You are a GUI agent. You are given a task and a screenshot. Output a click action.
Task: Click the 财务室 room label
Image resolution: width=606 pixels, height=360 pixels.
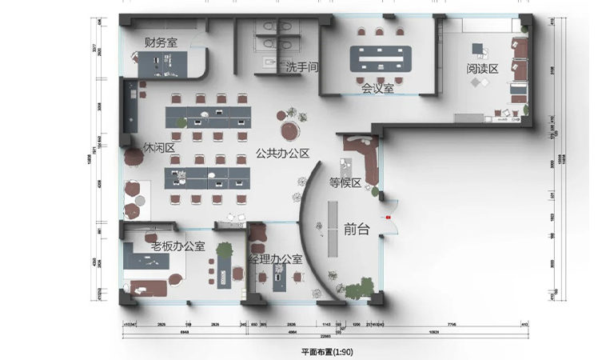pyautogui.click(x=161, y=42)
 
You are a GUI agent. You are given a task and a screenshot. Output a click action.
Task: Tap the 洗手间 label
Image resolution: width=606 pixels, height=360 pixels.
pyautogui.click(x=303, y=68)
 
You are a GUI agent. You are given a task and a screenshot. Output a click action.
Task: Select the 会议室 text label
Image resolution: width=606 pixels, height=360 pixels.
pyautogui.click(x=377, y=88)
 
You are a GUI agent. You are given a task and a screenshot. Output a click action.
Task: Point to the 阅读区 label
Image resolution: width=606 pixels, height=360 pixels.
pyautogui.click(x=482, y=70)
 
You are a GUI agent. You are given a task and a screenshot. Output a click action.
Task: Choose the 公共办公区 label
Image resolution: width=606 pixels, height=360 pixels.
pyautogui.click(x=282, y=153)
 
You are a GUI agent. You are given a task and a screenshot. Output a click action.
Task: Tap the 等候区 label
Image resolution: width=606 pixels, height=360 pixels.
pyautogui.click(x=345, y=182)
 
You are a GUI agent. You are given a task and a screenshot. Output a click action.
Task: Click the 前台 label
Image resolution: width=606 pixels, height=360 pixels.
pyautogui.click(x=357, y=230)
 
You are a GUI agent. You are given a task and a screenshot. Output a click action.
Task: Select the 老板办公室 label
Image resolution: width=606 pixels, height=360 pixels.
pyautogui.click(x=173, y=246)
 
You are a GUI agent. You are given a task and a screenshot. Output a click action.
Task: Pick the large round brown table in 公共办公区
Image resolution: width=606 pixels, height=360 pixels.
pyautogui.click(x=289, y=129)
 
